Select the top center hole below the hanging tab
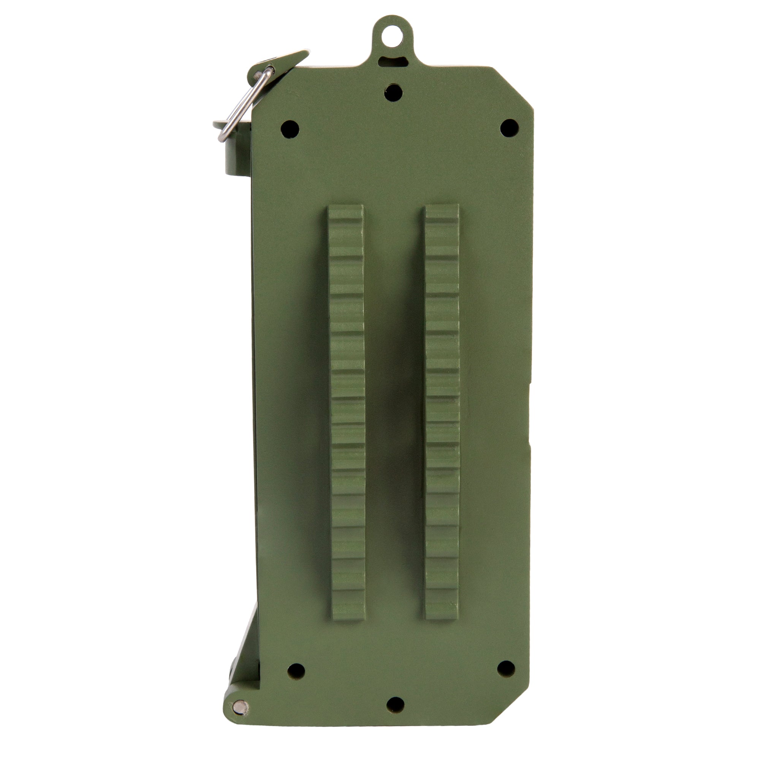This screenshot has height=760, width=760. [394, 93]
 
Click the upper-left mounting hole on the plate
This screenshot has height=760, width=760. [290, 129]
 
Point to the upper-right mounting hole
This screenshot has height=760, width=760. [510, 128]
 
